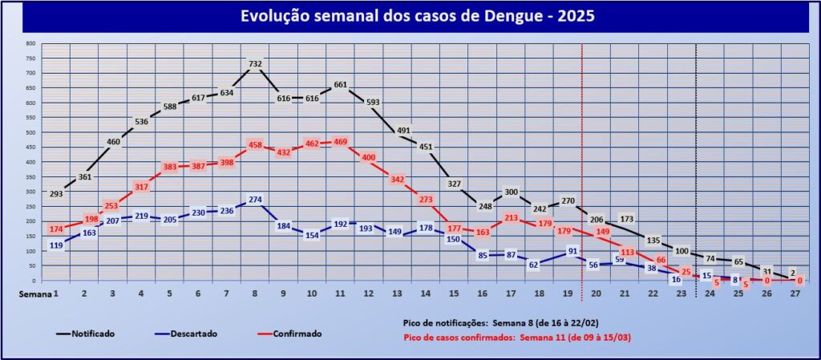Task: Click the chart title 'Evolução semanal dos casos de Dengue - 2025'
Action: (x=410, y=17)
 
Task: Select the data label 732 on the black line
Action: (x=255, y=64)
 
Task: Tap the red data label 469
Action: (x=339, y=142)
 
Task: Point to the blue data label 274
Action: (x=255, y=200)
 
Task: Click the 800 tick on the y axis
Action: (x=30, y=43)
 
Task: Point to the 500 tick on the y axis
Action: (x=30, y=132)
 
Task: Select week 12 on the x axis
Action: (x=369, y=294)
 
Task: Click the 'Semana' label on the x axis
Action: (x=37, y=294)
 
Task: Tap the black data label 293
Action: (x=55, y=193)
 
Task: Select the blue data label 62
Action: (x=532, y=264)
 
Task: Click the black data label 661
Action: (x=339, y=85)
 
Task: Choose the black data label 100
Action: (x=681, y=252)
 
